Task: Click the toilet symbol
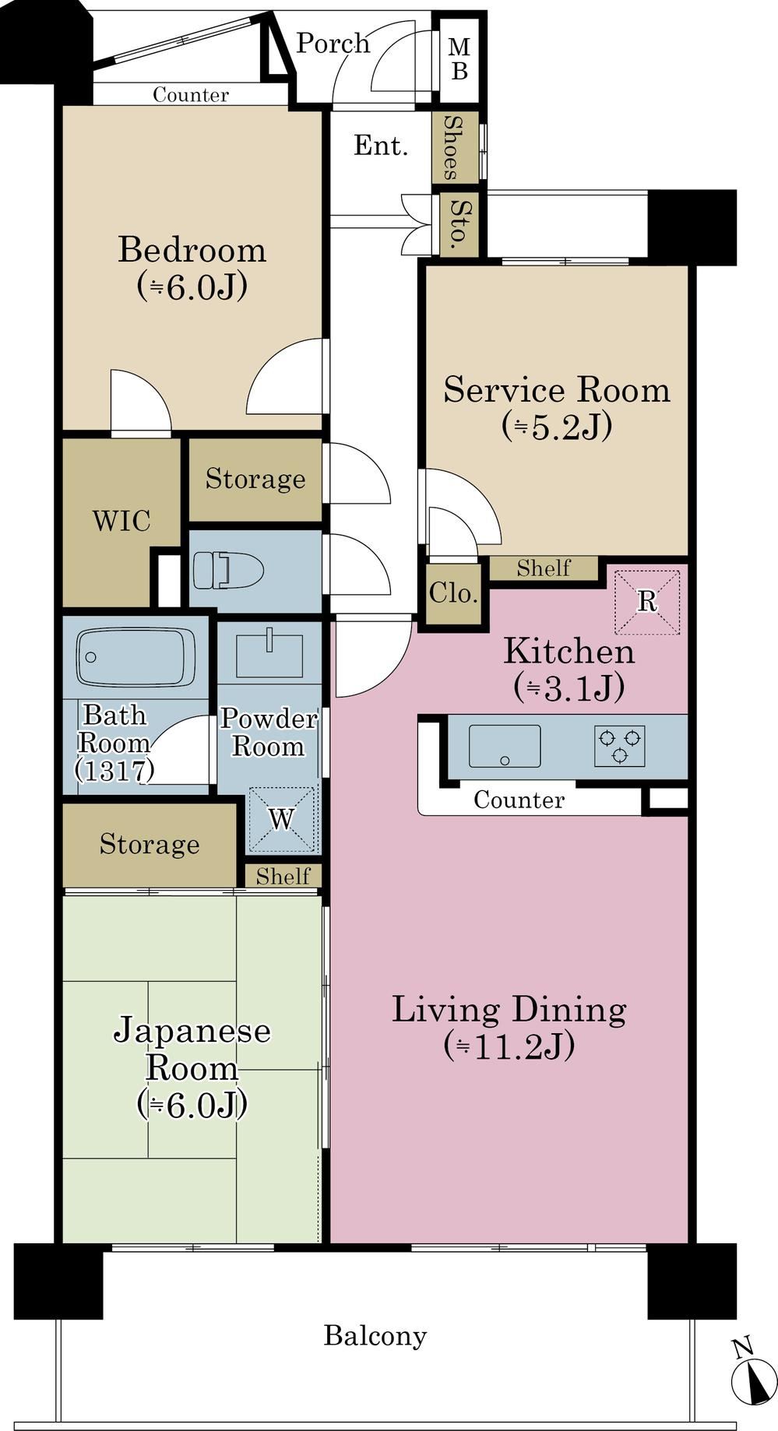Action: pos(227,570)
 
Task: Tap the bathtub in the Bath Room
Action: pos(136,657)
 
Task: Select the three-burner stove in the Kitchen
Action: pos(619,745)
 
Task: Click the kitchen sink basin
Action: pos(505,745)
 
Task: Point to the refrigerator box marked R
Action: pos(647,602)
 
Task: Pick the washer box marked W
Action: pos(282,819)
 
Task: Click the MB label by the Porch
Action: pos(459,59)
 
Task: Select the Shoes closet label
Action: pos(451,147)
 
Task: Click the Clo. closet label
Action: pos(452,594)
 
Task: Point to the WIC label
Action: pos(121,521)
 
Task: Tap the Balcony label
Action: pos(375,1336)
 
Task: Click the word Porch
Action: pos(333,43)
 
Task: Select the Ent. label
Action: pos(381,145)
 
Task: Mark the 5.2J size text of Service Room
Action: pos(557,427)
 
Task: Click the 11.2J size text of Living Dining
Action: pos(509,1046)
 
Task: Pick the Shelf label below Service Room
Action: pos(544,568)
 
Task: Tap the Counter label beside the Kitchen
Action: pos(519,800)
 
